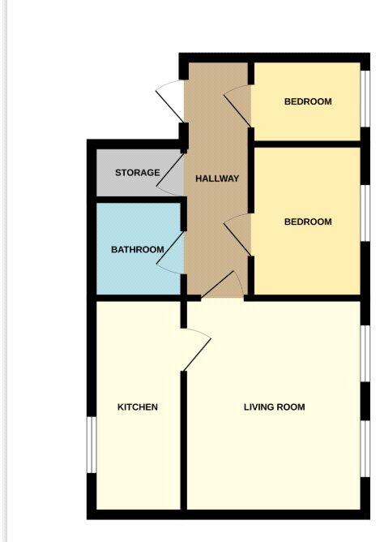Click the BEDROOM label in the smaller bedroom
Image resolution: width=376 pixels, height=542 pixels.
[x=308, y=101]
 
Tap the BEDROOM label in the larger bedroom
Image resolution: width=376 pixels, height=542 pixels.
[x=308, y=222]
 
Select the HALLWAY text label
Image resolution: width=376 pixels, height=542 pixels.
[x=217, y=179]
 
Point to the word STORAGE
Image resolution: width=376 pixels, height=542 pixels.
[x=137, y=173]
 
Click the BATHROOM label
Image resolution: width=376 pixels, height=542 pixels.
[x=138, y=249]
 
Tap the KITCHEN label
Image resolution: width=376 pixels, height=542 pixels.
[x=137, y=406]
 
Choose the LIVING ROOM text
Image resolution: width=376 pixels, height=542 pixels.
[x=274, y=406]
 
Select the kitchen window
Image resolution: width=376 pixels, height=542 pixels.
[x=91, y=445]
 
